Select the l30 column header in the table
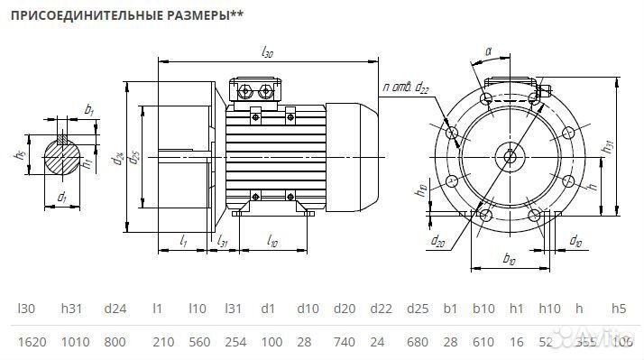(25, 309)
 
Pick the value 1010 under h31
(73, 342)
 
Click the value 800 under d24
(115, 342)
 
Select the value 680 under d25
(416, 342)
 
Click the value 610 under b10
(484, 342)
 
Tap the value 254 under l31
(234, 342)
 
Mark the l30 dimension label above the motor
(266, 54)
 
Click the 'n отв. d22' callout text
(406, 88)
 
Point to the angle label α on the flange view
(487, 53)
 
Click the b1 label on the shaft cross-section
(89, 110)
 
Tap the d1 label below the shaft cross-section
(61, 196)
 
